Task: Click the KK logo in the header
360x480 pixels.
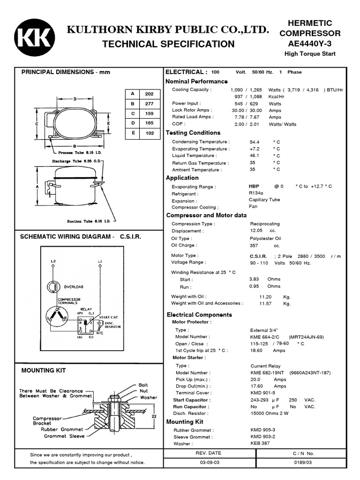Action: pyautogui.click(x=34, y=38)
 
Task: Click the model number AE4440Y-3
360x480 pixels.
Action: pyautogui.click(x=309, y=44)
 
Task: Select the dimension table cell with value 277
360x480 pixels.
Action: pyautogui.click(x=150, y=104)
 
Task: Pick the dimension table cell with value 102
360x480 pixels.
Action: pyautogui.click(x=150, y=133)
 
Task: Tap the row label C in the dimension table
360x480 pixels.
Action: pyautogui.click(x=133, y=113)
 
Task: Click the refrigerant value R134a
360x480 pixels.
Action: pyautogui.click(x=256, y=193)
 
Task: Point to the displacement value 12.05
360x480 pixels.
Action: pyautogui.click(x=256, y=231)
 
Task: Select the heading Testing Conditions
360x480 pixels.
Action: pyautogui.click(x=193, y=133)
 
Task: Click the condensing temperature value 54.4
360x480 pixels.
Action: pyautogui.click(x=255, y=142)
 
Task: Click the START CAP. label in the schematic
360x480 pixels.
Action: pyautogui.click(x=108, y=317)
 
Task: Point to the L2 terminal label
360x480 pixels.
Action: pyautogui.click(x=53, y=261)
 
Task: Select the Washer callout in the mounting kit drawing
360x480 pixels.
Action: pyautogui.click(x=149, y=397)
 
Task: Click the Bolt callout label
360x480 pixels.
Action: pyautogui.click(x=143, y=385)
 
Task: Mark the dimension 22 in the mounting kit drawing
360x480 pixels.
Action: pyautogui.click(x=153, y=415)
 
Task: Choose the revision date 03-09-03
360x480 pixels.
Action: pyautogui.click(x=208, y=462)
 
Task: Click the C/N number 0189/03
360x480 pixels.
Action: pyautogui.click(x=303, y=462)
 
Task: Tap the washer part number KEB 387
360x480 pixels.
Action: pyautogui.click(x=260, y=443)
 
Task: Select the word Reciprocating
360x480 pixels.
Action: pyautogui.click(x=265, y=224)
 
